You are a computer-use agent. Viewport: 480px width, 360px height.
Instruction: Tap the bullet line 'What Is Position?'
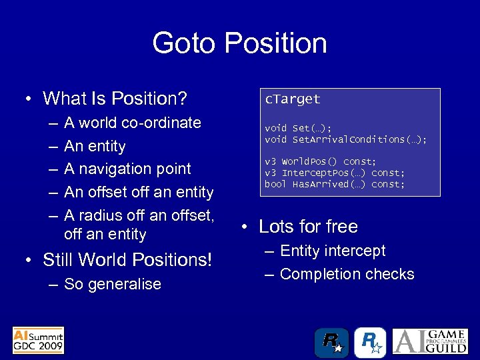(x=114, y=99)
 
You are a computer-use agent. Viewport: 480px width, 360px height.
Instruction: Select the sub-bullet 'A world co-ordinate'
(x=132, y=123)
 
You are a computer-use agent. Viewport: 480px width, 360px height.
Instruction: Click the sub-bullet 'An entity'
(x=95, y=146)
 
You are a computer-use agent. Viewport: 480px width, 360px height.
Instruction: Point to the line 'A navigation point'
(x=127, y=169)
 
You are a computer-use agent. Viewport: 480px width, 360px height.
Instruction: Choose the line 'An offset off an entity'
(x=138, y=192)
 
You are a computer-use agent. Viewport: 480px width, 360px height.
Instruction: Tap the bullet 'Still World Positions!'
(x=127, y=259)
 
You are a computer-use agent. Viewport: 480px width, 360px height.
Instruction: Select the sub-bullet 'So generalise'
(x=112, y=284)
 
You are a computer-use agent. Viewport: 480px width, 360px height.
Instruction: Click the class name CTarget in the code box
(x=293, y=99)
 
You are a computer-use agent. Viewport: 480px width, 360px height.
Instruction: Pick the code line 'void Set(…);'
(x=298, y=128)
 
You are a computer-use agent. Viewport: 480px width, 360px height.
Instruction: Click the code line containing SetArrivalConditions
(x=345, y=139)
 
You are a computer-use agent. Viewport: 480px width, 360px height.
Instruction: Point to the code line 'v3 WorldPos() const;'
(x=321, y=162)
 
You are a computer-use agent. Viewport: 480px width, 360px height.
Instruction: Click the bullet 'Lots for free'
(x=308, y=227)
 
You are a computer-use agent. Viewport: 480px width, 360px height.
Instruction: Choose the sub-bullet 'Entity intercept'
(x=333, y=251)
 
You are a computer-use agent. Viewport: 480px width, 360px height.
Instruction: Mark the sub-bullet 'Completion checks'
(x=347, y=274)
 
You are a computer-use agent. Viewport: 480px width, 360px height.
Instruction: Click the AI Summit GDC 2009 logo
(x=39, y=340)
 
